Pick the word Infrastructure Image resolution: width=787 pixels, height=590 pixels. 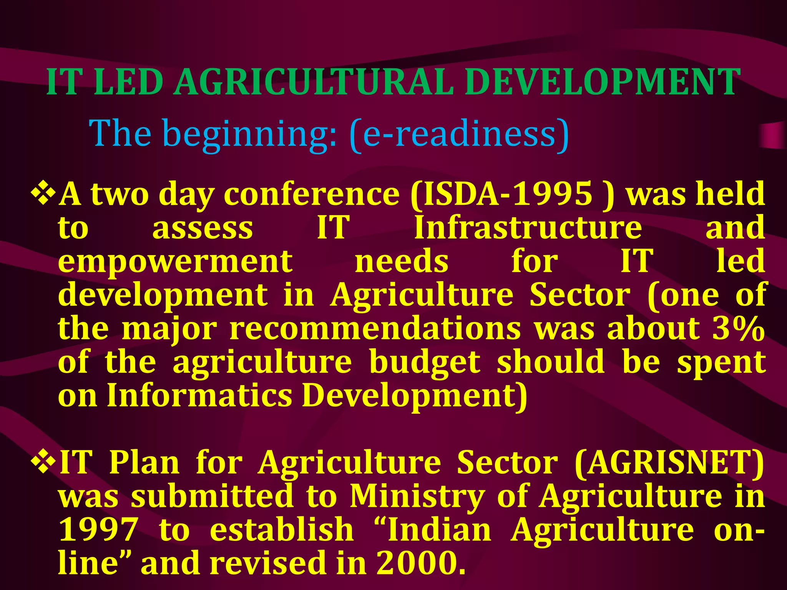click(x=528, y=227)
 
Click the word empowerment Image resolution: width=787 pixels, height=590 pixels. click(x=175, y=261)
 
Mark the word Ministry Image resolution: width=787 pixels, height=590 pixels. click(x=417, y=496)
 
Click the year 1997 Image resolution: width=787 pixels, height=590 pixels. click(x=99, y=530)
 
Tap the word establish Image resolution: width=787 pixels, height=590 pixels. click(x=282, y=530)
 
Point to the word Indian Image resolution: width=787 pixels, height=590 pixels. click(x=439, y=530)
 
